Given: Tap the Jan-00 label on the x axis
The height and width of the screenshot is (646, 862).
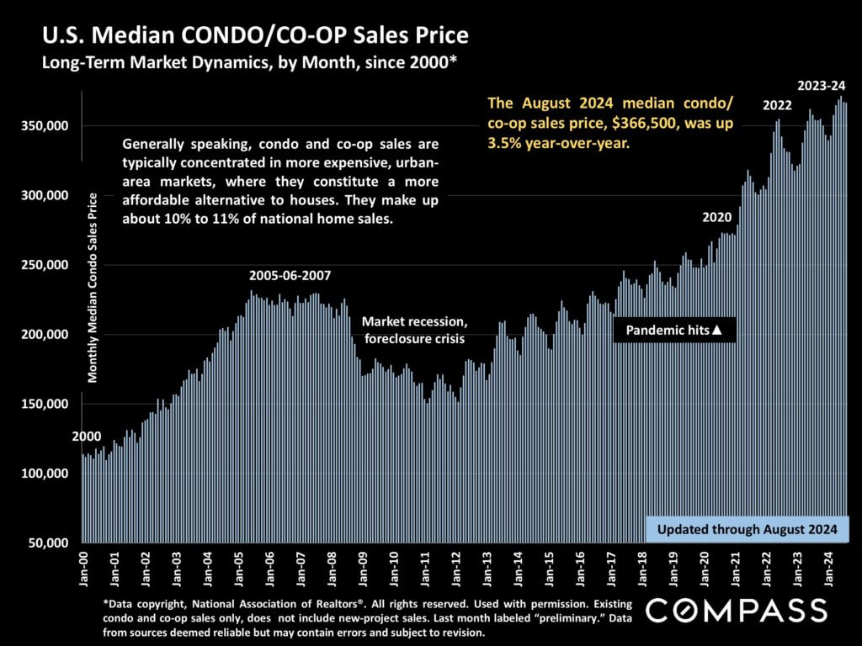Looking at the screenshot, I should (x=84, y=569).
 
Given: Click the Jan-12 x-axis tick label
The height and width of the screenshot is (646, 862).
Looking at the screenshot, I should (x=456, y=569).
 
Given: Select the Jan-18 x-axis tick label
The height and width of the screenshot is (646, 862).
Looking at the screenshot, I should (x=642, y=569).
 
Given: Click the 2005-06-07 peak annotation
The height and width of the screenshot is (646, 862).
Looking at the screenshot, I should (x=290, y=276).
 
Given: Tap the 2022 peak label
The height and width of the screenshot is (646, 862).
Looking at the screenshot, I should (x=777, y=106).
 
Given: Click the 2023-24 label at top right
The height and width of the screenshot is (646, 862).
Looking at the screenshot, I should (x=822, y=86).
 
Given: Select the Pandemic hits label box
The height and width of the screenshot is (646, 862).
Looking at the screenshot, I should (x=674, y=331).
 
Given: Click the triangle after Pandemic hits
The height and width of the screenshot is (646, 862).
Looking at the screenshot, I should (x=717, y=331).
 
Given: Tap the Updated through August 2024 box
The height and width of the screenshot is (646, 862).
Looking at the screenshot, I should (x=747, y=530).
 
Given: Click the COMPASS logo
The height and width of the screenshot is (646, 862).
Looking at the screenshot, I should (x=737, y=610).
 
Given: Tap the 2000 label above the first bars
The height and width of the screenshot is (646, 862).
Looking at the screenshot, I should (x=85, y=437).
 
